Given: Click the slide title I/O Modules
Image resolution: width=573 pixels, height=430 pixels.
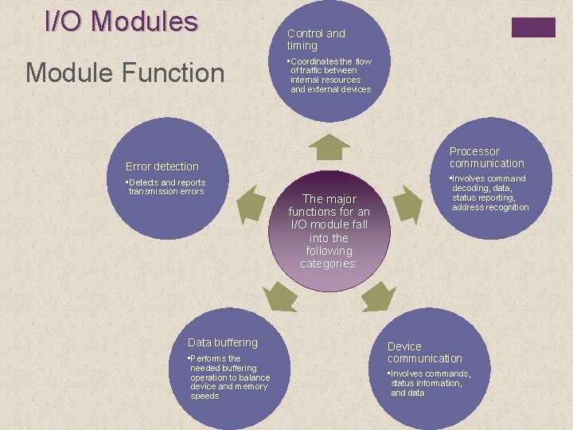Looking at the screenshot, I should point(121,21).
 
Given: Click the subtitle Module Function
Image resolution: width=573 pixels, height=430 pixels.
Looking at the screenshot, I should point(126,73).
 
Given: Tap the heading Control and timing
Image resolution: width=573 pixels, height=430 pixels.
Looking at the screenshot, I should point(316,40).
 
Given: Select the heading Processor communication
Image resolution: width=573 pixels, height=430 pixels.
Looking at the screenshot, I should point(486,157).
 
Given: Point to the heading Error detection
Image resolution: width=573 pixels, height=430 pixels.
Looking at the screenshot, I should point(162,166).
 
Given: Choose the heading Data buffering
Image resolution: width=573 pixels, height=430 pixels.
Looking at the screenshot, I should point(223,342).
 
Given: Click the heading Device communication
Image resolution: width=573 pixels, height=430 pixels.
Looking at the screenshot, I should point(424,352).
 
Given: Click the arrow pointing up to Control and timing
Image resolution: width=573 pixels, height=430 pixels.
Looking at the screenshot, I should point(329,147).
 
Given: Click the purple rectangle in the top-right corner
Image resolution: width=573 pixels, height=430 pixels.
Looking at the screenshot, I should point(533,28).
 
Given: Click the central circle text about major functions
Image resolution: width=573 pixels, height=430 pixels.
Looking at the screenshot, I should point(329,231).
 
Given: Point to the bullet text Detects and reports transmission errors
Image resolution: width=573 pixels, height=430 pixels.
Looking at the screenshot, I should point(166,187).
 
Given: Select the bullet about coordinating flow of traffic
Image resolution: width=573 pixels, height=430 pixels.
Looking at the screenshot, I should point(329,76).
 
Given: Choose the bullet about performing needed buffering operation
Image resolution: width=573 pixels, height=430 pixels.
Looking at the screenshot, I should point(228,377).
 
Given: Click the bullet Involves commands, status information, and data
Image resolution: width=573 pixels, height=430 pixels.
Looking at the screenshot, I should point(428,383).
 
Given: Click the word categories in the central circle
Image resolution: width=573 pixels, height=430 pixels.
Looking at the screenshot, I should point(329,264).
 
